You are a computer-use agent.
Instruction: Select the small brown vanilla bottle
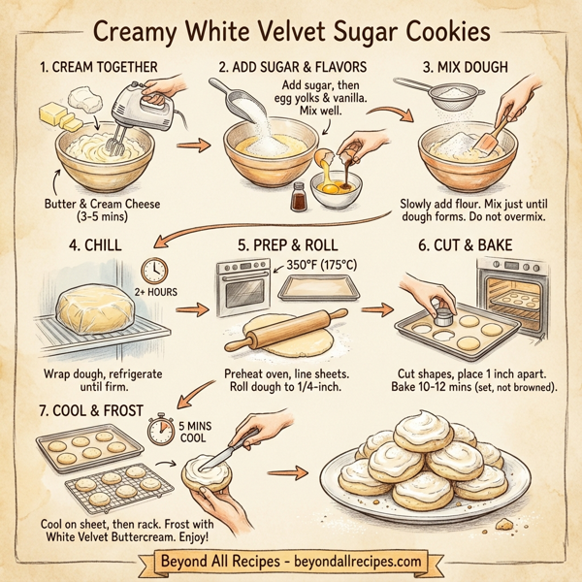[299, 197]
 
